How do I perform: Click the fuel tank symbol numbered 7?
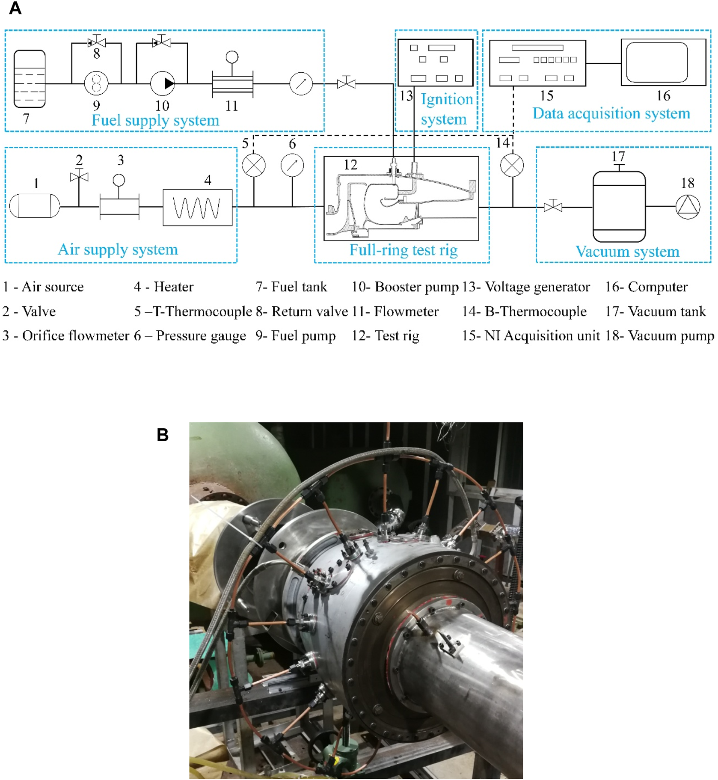pyautogui.click(x=30, y=79)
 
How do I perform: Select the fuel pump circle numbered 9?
pyautogui.click(x=96, y=83)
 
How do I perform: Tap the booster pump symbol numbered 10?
pyautogui.click(x=163, y=83)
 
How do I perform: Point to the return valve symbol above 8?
pyautogui.click(x=97, y=42)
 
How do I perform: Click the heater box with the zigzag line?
pyautogui.click(x=197, y=208)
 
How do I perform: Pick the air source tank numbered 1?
pyautogui.click(x=34, y=205)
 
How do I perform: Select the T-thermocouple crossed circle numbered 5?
pyautogui.click(x=254, y=166)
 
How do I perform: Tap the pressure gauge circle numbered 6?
pyautogui.click(x=292, y=166)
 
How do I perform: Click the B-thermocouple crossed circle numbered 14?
pyautogui.click(x=512, y=166)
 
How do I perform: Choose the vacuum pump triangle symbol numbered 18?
pyautogui.click(x=688, y=207)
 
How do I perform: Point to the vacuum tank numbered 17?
pyautogui.click(x=619, y=207)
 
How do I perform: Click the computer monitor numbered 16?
pyautogui.click(x=663, y=62)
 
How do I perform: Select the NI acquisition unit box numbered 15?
pyautogui.click(x=537, y=63)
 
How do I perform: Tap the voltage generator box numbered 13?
pyautogui.click(x=435, y=62)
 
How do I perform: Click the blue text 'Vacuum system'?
pyautogui.click(x=627, y=252)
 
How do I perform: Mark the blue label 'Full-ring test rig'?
pyautogui.click(x=403, y=250)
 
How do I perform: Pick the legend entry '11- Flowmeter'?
pyautogui.click(x=395, y=311)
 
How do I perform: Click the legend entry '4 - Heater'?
pyautogui.click(x=163, y=287)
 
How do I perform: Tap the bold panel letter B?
pyautogui.click(x=163, y=435)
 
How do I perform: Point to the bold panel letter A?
pyautogui.click(x=15, y=8)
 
